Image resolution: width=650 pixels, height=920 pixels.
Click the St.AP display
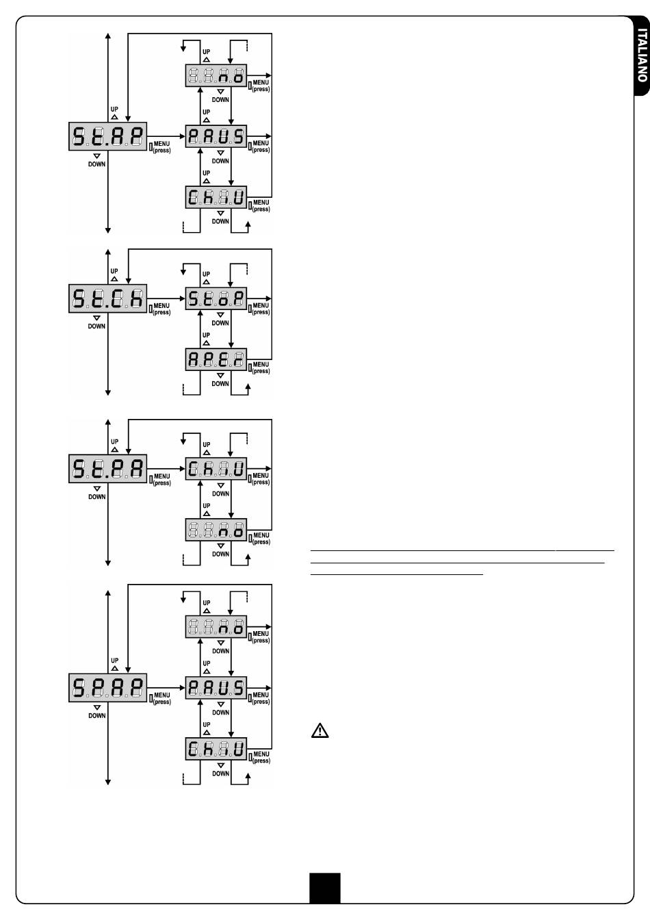pos(108,138)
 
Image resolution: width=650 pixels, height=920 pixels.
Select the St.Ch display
pos(108,299)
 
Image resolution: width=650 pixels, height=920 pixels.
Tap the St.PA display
pos(108,469)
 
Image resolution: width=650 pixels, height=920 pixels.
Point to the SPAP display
pos(108,688)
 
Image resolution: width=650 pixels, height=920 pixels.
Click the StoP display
pos(216,299)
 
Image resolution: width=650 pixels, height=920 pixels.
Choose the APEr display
pos(216,359)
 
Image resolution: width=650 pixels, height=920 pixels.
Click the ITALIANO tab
pos(641,55)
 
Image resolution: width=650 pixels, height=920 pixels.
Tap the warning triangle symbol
pos(320,731)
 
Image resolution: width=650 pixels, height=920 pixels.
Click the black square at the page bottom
pos(324,888)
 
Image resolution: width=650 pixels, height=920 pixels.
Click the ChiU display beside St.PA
pos(216,469)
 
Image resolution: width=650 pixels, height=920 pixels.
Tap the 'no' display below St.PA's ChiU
pos(216,529)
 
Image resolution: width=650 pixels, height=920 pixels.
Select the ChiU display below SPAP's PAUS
pos(216,749)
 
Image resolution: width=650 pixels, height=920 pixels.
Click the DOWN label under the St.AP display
pos(96,164)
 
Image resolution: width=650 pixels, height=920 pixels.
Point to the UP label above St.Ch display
pos(114,272)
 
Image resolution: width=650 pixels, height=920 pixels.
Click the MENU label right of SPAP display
pos(162,695)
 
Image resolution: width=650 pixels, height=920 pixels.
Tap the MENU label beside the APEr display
pos(261,365)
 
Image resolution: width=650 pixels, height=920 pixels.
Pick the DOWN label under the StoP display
pos(220,323)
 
